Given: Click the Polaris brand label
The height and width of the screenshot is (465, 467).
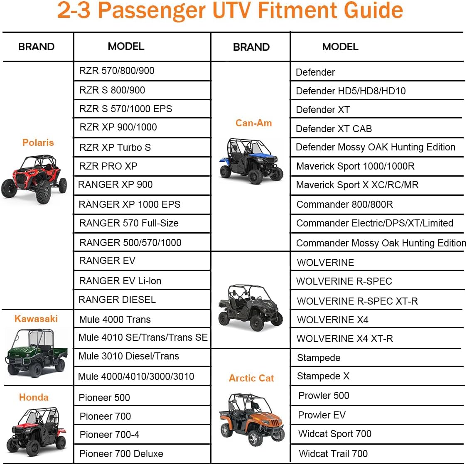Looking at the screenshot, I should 38,143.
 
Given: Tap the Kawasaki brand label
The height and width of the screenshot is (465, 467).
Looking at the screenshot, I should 36,319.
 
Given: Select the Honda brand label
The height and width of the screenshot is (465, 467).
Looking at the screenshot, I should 34,397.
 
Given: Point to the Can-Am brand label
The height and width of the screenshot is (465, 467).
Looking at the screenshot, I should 253,123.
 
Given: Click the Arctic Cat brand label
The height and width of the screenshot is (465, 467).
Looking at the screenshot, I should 251,378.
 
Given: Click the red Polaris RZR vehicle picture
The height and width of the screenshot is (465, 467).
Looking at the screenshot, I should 34,179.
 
